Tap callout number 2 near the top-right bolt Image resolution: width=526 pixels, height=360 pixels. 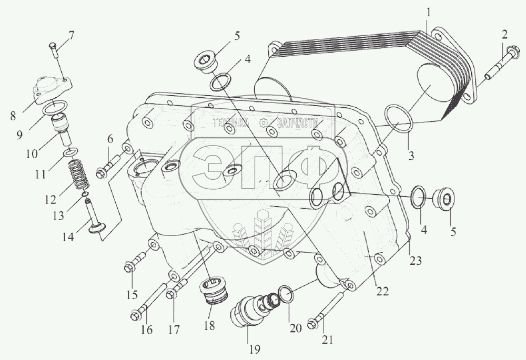coord(504,36)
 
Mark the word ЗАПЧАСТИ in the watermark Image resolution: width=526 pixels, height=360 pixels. coord(301,124)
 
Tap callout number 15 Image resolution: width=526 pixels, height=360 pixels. coord(131,294)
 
